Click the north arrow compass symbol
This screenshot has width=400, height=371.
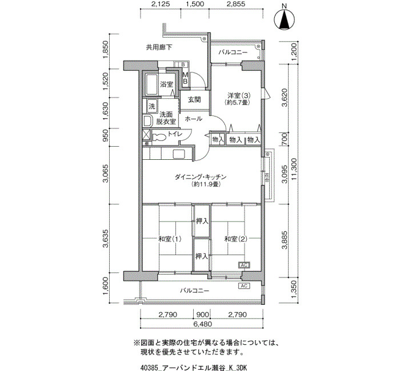(x=284, y=19)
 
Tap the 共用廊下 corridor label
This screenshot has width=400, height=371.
(x=159, y=47)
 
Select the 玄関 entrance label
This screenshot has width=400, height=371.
(x=194, y=99)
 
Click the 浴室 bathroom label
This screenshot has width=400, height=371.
(x=167, y=84)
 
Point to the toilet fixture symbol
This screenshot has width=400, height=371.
(x=159, y=137)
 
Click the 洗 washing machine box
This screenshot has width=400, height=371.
(x=152, y=106)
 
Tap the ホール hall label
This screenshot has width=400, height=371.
(x=193, y=119)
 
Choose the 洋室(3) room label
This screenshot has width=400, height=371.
(x=239, y=95)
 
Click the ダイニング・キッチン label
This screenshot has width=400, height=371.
(x=201, y=176)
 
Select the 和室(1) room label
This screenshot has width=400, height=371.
(x=170, y=239)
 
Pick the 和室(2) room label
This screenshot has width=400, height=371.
(x=235, y=239)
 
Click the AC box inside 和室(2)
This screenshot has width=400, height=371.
(x=244, y=265)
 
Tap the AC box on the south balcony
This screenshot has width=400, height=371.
(x=244, y=285)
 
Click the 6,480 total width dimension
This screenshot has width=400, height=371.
(x=202, y=324)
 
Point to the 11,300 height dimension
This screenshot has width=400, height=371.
(x=294, y=169)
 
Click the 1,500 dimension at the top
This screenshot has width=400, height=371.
(x=195, y=4)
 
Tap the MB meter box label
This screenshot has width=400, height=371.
(x=186, y=78)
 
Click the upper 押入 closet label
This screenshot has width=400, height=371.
(x=202, y=221)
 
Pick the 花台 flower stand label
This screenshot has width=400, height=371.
(x=267, y=178)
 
